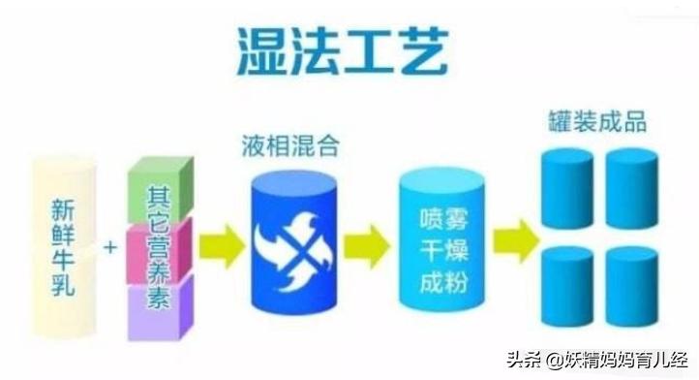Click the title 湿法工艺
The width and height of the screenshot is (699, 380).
pyautogui.click(x=342, y=51)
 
